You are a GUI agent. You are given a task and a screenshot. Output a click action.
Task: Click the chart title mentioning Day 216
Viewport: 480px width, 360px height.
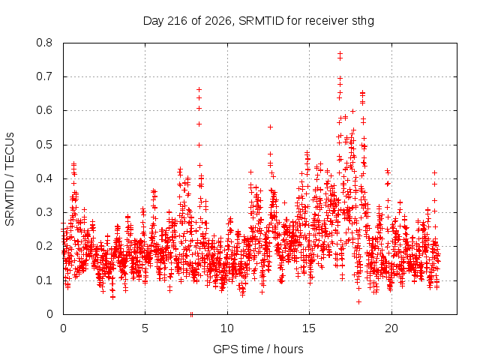tap(258, 21)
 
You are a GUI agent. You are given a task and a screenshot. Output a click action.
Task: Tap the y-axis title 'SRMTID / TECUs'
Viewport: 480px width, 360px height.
tap(10, 179)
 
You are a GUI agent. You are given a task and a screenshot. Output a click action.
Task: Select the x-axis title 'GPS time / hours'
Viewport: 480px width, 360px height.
tap(258, 349)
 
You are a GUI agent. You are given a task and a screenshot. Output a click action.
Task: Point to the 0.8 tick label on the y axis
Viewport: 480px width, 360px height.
tap(44, 43)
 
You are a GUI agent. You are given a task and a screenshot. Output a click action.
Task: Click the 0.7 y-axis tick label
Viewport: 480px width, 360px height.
tap(44, 76)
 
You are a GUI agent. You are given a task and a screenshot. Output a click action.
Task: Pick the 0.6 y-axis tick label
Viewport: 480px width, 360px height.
tap(44, 110)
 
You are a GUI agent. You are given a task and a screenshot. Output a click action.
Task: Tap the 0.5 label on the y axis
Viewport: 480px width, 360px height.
tap(44, 145)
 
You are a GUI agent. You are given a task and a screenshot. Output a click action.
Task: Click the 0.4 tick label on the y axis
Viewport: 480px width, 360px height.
tap(44, 178)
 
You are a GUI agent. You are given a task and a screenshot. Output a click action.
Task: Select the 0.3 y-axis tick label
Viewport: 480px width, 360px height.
tap(44, 212)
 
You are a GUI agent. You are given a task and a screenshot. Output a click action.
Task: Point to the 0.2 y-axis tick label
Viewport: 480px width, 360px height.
tap(44, 246)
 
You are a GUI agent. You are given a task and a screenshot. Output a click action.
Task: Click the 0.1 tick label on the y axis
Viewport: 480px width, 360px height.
tap(44, 280)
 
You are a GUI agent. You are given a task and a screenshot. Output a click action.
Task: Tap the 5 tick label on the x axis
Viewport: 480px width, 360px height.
tap(145, 328)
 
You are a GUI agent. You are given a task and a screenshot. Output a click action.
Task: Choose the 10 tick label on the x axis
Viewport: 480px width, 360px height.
tap(227, 328)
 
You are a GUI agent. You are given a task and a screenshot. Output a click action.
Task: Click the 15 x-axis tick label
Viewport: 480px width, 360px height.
tap(309, 328)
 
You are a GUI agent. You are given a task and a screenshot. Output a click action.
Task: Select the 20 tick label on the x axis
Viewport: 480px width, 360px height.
tap(391, 328)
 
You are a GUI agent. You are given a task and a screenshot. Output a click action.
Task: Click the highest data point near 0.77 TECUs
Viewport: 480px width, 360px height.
tap(340, 53)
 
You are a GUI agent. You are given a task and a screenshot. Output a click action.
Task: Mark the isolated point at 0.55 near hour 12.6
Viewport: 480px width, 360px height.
tap(270, 127)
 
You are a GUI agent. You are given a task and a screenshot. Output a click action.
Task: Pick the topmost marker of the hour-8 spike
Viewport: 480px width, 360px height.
tap(199, 90)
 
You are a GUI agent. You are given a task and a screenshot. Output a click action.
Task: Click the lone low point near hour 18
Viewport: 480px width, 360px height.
tap(358, 301)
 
